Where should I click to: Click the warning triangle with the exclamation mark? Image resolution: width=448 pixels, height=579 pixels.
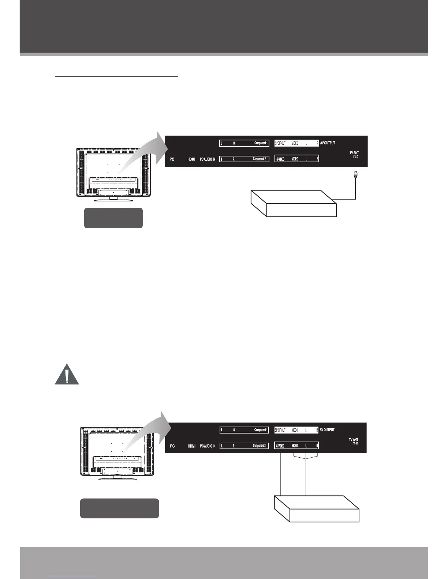(67, 375)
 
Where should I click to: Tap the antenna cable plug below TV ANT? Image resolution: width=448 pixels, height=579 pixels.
(355, 175)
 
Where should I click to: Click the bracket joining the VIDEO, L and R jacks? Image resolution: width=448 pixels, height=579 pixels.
(306, 457)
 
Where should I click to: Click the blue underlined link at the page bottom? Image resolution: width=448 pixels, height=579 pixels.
(73, 575)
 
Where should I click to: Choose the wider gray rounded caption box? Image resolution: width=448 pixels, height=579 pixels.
(119, 508)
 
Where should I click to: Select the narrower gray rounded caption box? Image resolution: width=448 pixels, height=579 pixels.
(113, 218)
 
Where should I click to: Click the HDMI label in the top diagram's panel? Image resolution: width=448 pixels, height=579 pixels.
(191, 159)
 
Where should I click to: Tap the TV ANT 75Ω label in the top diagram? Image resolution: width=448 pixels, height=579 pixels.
(354, 154)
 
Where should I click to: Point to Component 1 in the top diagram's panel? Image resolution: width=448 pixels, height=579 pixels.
(261, 143)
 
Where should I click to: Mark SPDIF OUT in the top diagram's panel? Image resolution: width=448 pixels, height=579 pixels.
(280, 143)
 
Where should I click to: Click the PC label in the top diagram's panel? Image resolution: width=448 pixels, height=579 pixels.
(172, 159)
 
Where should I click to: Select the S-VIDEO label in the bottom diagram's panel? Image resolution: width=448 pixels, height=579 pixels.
(280, 446)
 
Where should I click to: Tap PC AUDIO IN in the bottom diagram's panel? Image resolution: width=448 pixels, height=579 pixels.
(208, 446)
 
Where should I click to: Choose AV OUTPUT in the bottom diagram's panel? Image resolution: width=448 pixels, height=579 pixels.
(327, 430)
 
